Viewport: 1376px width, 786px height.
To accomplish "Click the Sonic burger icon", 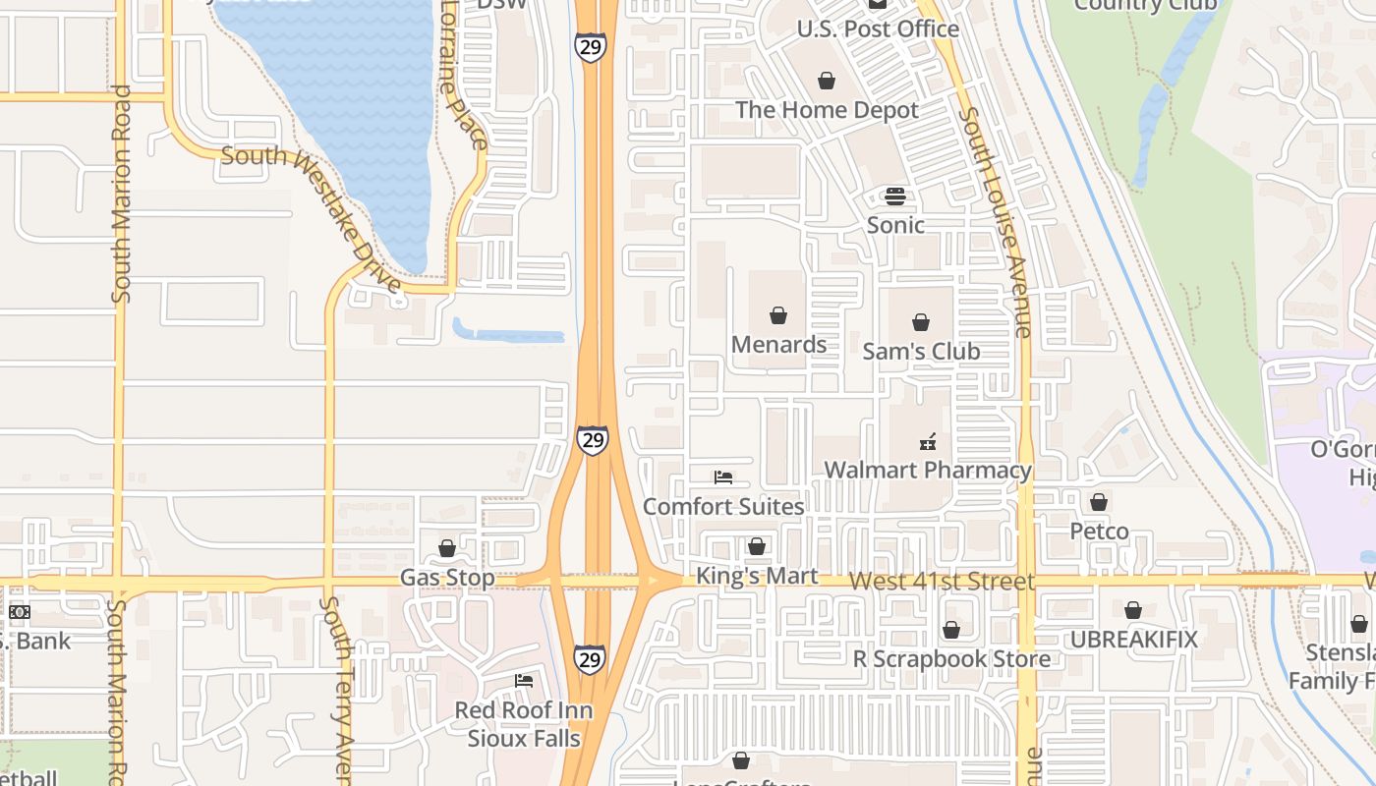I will (x=894, y=196).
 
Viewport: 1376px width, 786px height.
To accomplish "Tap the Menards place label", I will (x=778, y=344).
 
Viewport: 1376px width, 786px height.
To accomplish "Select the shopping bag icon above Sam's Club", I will (x=921, y=322).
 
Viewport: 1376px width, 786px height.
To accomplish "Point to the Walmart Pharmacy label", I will (x=928, y=470).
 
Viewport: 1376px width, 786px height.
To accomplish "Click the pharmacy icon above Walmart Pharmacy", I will (x=927, y=442).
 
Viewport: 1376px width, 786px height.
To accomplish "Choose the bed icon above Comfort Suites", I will (x=723, y=477).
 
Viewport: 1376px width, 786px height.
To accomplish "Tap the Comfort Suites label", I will (x=723, y=507).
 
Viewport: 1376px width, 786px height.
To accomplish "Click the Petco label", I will (x=1099, y=532).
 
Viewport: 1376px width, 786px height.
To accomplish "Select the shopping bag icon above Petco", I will (x=1099, y=503).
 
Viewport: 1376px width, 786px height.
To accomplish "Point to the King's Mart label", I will (x=757, y=576).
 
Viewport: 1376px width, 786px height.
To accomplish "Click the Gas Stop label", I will (x=447, y=577).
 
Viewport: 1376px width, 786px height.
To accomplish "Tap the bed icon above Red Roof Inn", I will (x=524, y=680).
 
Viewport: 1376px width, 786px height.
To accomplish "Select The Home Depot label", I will (x=827, y=109).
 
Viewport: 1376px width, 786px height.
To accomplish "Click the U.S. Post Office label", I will (x=878, y=29).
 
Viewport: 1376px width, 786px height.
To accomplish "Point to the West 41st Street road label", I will (x=942, y=581).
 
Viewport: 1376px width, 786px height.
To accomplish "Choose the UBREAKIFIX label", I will (x=1134, y=640).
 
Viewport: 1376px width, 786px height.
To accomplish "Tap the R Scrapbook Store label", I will (x=951, y=658).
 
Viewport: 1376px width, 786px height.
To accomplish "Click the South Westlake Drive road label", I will (x=313, y=217).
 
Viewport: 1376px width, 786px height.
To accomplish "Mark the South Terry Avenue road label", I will (x=335, y=688).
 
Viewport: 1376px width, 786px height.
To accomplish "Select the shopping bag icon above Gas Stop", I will (x=447, y=548).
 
